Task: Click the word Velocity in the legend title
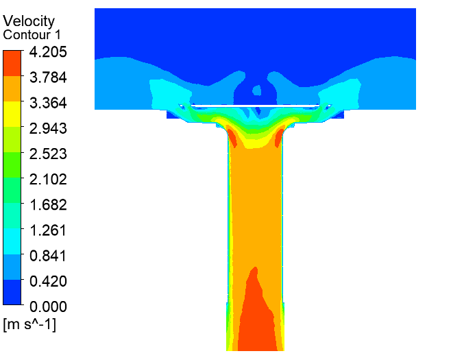(29, 21)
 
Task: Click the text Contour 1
(32, 35)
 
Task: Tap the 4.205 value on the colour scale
(48, 52)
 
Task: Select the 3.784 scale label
(48, 77)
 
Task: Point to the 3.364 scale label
(48, 103)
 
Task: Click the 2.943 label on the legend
(48, 128)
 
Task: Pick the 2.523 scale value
(48, 154)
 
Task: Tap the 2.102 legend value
(48, 179)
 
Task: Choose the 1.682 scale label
(48, 204)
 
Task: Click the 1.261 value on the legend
(48, 230)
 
